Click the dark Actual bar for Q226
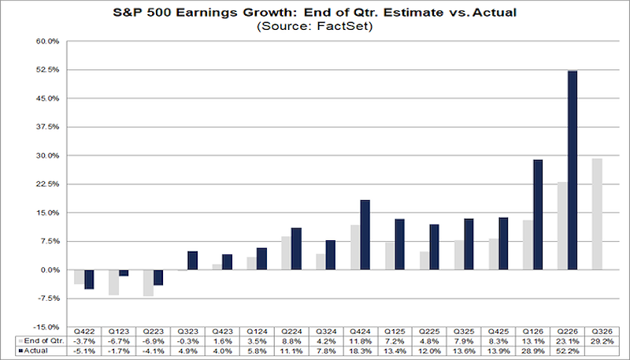click(573, 170)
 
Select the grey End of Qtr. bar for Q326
click(597, 213)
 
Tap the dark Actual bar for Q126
click(538, 214)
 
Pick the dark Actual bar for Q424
click(365, 235)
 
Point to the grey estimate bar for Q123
click(113, 283)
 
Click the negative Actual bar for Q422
click(89, 279)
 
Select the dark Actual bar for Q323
click(192, 261)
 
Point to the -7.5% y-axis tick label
click(50, 299)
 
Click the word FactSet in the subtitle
click(342, 26)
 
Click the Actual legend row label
click(36, 351)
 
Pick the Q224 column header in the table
click(291, 332)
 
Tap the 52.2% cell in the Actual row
click(567, 351)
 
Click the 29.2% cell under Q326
click(602, 341)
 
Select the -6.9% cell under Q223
click(153, 341)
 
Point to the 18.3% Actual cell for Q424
click(361, 351)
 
